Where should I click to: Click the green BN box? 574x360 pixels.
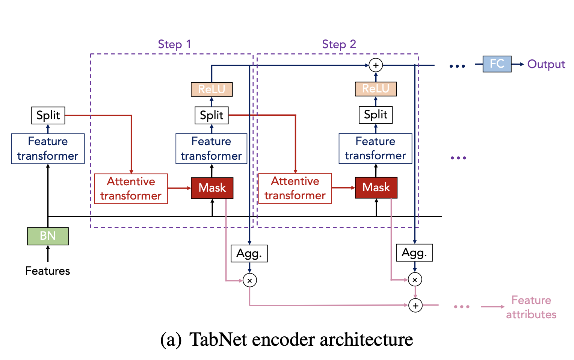pyautogui.click(x=48, y=236)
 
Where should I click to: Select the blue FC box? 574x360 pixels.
pyautogui.click(x=497, y=64)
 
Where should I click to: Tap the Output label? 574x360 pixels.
pyautogui.click(x=546, y=64)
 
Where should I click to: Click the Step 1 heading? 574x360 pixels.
pyautogui.click(x=175, y=44)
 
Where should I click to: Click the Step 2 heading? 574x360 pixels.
pyautogui.click(x=339, y=44)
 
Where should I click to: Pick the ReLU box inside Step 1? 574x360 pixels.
pyautogui.click(x=211, y=89)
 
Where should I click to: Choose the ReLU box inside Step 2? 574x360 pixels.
pyautogui.click(x=376, y=89)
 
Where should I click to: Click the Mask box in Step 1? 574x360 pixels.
pyautogui.click(x=212, y=188)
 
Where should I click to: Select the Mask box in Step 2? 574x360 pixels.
pyautogui.click(x=376, y=188)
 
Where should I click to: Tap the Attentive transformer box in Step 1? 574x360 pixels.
pyautogui.click(x=131, y=189)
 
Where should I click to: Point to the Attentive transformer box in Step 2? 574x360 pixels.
pyautogui.click(x=295, y=189)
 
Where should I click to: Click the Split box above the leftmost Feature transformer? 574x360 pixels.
pyautogui.click(x=48, y=115)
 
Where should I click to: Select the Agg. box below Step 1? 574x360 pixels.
pyautogui.click(x=249, y=253)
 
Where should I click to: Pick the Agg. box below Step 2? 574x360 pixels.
pyautogui.click(x=414, y=253)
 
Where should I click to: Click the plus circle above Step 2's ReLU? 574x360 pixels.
pyautogui.click(x=376, y=65)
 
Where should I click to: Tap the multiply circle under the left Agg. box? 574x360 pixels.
pyautogui.click(x=249, y=280)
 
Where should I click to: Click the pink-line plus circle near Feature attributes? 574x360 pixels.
pyautogui.click(x=415, y=306)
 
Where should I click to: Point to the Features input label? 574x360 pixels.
pyautogui.click(x=48, y=271)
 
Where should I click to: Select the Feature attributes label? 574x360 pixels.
pyautogui.click(x=531, y=307)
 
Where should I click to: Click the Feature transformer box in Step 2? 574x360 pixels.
pyautogui.click(x=375, y=148)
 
